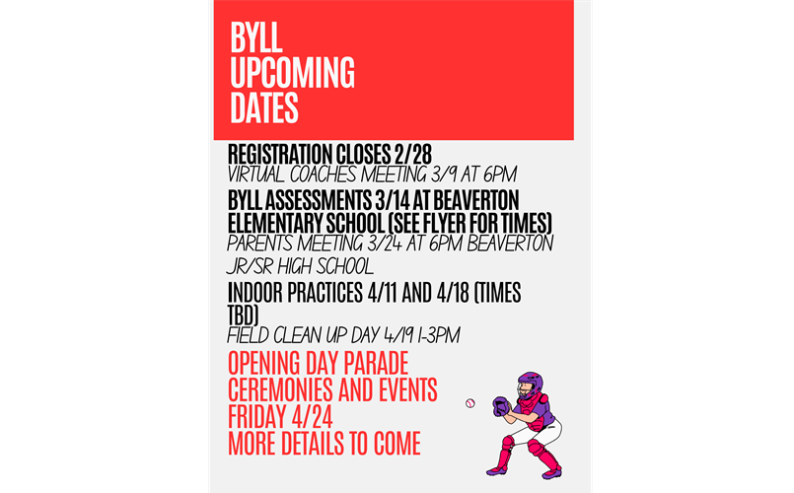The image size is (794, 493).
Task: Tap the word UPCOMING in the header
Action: [292, 72]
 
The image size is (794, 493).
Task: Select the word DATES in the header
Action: [264, 106]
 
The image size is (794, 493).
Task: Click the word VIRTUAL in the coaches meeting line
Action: [256, 175]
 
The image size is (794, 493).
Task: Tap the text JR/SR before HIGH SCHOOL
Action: [252, 267]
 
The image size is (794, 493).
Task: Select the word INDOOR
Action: [260, 294]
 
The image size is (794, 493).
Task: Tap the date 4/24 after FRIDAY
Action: [306, 414]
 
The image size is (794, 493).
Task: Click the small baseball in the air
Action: [469, 402]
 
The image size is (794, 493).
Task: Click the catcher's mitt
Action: [502, 404]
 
